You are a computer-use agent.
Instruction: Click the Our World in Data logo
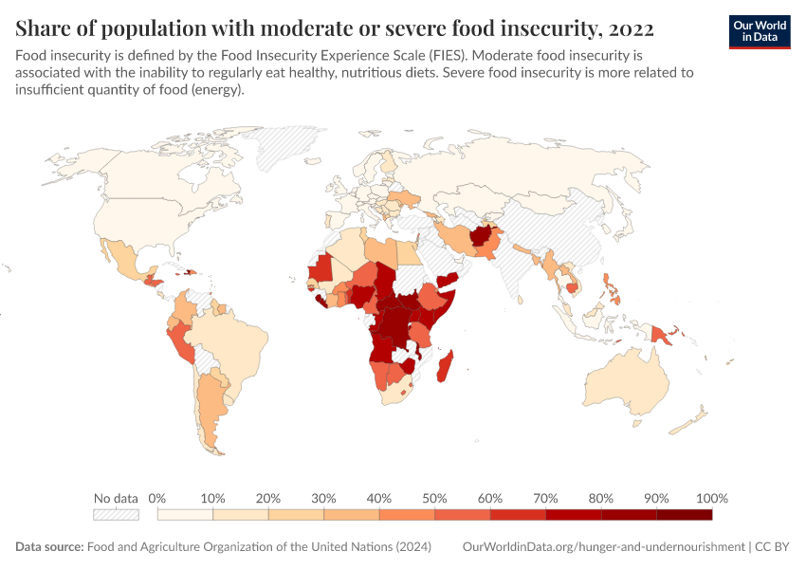click(760, 31)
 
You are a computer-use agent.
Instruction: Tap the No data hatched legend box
click(116, 515)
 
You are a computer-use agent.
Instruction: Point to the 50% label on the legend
click(434, 498)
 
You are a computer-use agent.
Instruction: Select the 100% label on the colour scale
click(711, 498)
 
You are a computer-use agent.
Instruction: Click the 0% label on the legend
click(158, 498)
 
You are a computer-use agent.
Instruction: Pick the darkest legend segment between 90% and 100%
click(684, 515)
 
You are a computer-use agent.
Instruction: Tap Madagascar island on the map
click(444, 366)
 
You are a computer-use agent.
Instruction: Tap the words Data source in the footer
click(49, 547)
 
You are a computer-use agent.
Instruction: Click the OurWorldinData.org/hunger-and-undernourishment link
click(603, 547)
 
